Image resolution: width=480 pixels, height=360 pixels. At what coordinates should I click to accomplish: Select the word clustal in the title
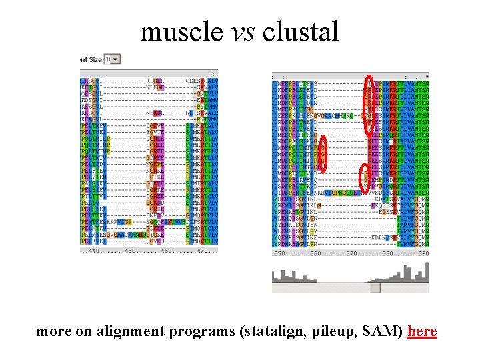(x=301, y=31)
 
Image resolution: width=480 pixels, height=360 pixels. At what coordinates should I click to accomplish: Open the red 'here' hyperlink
(x=422, y=331)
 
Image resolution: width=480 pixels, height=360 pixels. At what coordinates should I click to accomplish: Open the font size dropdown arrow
(x=116, y=59)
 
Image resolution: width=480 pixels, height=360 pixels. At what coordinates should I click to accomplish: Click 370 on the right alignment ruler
(x=352, y=254)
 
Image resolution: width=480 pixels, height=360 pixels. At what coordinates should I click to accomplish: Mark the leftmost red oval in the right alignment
(x=323, y=152)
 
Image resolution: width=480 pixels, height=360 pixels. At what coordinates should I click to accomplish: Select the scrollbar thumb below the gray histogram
(x=375, y=287)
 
